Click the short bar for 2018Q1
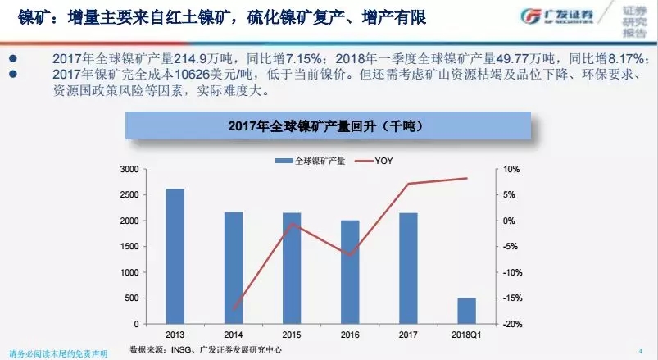(x=466, y=311)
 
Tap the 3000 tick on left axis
(x=129, y=169)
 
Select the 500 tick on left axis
(x=132, y=298)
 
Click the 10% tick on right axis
(x=511, y=169)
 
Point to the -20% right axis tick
(x=509, y=325)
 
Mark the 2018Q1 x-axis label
(x=466, y=335)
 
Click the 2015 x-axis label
(x=292, y=335)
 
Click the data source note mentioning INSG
(x=217, y=350)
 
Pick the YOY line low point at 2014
(x=234, y=309)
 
